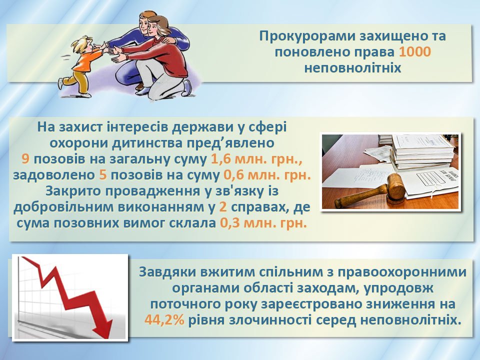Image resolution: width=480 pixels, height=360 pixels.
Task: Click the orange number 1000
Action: (x=415, y=51)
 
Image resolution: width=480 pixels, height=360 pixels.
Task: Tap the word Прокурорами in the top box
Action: (x=306, y=36)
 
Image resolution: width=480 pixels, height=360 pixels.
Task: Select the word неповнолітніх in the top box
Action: (x=352, y=67)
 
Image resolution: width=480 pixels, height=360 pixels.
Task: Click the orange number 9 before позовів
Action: (x=25, y=159)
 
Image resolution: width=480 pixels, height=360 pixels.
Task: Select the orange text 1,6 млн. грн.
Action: (x=256, y=159)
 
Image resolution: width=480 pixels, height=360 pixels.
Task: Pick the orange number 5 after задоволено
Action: (x=102, y=175)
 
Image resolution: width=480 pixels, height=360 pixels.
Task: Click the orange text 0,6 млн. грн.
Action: (x=267, y=175)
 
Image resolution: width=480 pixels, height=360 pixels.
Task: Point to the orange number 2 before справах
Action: (x=223, y=207)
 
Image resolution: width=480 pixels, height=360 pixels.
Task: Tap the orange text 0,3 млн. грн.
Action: (x=263, y=223)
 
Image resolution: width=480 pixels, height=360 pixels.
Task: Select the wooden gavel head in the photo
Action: (x=396, y=186)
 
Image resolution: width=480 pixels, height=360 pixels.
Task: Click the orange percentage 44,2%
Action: (x=164, y=320)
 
